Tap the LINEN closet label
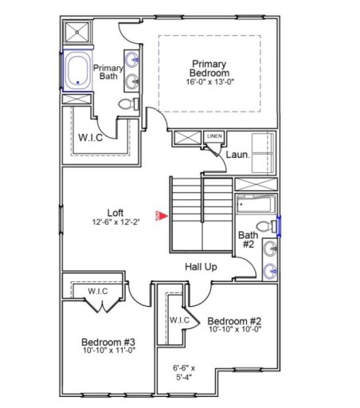coord(213,137)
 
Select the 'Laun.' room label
coord(237,155)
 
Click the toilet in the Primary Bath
coord(127,104)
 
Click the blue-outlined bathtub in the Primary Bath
coord(77,70)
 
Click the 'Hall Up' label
coord(201,267)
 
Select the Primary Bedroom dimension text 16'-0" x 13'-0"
coord(209,82)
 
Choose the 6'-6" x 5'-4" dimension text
coord(184,373)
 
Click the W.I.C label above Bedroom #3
coord(97,292)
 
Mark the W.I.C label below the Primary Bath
coord(91,137)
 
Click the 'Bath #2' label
coord(248,240)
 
